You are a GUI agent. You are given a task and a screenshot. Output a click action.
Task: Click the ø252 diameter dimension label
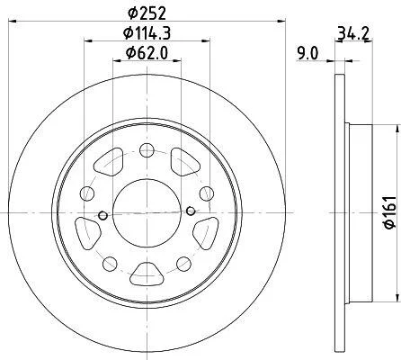point(147,13)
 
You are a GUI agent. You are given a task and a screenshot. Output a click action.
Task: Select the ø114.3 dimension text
point(147,33)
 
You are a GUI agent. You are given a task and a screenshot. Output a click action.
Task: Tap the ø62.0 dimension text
point(147,53)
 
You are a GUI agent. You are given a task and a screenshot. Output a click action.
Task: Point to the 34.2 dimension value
point(353,33)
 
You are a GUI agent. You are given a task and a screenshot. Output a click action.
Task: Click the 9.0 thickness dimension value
point(307,54)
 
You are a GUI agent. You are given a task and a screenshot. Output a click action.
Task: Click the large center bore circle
point(147,213)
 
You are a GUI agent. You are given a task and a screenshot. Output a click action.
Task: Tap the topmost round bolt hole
point(147,149)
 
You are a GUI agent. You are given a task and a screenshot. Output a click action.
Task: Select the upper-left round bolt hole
point(87,193)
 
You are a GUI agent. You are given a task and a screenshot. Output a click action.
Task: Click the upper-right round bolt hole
point(207,193)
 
